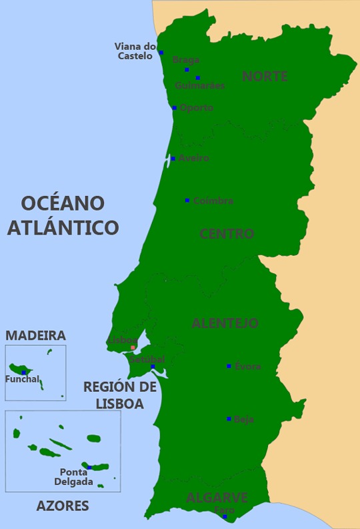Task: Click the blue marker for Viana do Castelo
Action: click(x=161, y=52)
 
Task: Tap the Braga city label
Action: click(x=185, y=60)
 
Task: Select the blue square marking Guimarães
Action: click(x=197, y=78)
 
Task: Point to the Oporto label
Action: click(x=197, y=108)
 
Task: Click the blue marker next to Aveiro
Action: click(x=173, y=159)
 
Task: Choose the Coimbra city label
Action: click(x=213, y=201)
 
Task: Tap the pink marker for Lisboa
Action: click(x=133, y=348)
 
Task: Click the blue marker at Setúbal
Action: click(x=153, y=366)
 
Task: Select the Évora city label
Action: click(x=247, y=366)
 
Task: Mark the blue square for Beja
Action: click(x=229, y=419)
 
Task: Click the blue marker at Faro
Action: click(x=225, y=517)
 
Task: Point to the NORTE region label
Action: click(x=265, y=77)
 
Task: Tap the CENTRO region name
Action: click(x=227, y=234)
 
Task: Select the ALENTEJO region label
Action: click(x=225, y=323)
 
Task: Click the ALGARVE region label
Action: click(x=217, y=498)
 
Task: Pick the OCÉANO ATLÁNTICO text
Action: click(x=63, y=215)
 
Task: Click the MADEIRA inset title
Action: click(x=35, y=335)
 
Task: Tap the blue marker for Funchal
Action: click(x=23, y=372)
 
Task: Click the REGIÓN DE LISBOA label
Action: click(x=120, y=395)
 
